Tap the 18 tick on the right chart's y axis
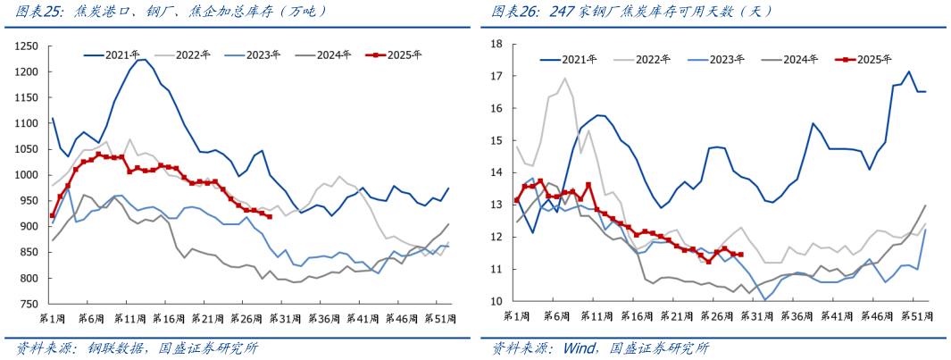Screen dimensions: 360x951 497,44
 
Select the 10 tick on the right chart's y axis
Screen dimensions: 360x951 497,302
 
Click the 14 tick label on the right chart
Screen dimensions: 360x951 497,172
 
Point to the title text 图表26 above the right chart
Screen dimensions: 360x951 515,12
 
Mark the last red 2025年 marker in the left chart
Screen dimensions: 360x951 270,217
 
